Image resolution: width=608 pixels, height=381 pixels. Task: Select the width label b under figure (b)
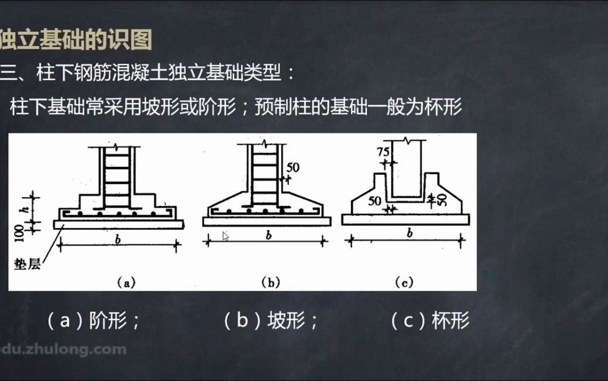tap(268, 235)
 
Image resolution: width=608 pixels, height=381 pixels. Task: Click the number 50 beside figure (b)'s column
tap(293, 168)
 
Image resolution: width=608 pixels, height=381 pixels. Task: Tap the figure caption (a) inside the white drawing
tap(126, 283)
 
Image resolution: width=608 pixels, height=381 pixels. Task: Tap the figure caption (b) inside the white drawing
tap(271, 283)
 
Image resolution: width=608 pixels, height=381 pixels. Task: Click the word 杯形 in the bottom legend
tap(450, 322)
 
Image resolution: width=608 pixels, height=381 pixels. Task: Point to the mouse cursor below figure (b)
tap(225, 236)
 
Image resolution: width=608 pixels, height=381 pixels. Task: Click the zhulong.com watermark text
tap(64, 349)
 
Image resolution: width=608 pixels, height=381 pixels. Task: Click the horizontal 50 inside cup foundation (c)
tap(375, 201)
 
